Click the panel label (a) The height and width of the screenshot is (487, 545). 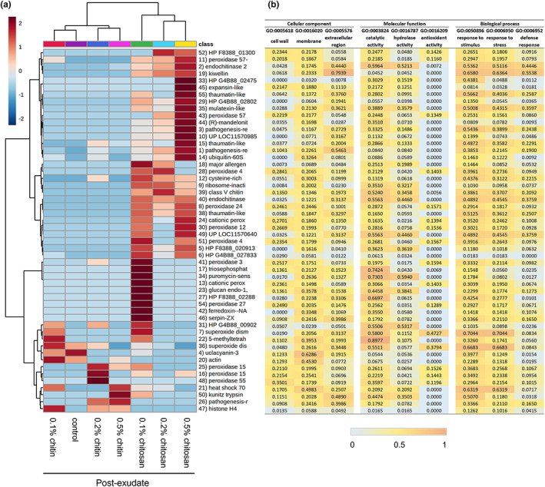coord(8,6)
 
